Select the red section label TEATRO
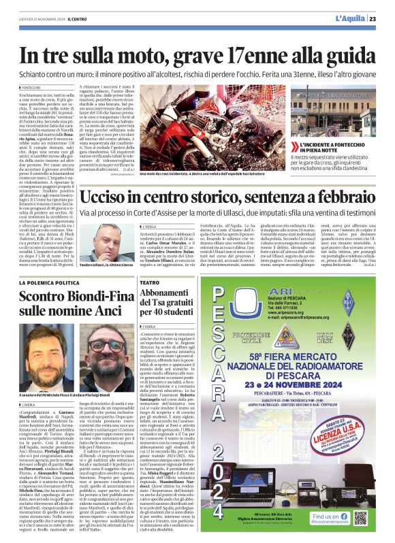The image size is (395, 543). pyautogui.click(x=149, y=282)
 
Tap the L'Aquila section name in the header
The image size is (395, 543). pyautogui.click(x=349, y=18)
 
